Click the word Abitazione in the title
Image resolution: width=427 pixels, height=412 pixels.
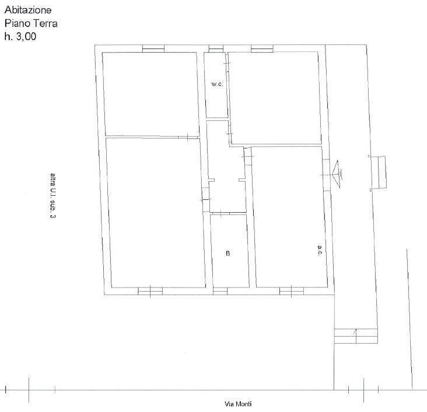click(x=28, y=10)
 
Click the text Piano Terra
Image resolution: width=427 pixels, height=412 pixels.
click(x=31, y=23)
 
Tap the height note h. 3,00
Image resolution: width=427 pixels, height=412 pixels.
click(x=20, y=36)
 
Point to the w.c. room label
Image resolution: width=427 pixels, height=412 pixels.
click(x=217, y=84)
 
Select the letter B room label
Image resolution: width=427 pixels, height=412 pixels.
click(x=228, y=253)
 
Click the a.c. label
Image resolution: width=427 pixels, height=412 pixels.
click(x=320, y=250)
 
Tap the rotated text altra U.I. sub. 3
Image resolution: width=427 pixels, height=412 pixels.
click(x=53, y=196)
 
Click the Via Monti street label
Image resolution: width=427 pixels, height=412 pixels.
click(x=238, y=404)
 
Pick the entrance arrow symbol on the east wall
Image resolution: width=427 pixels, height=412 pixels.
click(x=337, y=174)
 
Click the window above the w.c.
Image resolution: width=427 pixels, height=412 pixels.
click(x=216, y=49)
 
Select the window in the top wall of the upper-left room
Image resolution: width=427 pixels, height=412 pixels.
click(x=153, y=49)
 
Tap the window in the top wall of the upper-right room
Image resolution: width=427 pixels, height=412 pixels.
click(x=262, y=49)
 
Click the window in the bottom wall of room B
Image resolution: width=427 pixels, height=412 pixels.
click(x=220, y=291)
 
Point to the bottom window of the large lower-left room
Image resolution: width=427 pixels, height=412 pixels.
click(x=150, y=291)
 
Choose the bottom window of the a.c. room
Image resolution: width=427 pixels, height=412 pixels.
click(x=292, y=291)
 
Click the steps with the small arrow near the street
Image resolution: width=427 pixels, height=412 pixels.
click(x=356, y=336)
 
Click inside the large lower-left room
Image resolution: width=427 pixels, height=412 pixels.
click(x=155, y=213)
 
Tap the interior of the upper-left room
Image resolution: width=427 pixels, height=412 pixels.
click(x=150, y=94)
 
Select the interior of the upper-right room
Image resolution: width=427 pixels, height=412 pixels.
click(x=275, y=98)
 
